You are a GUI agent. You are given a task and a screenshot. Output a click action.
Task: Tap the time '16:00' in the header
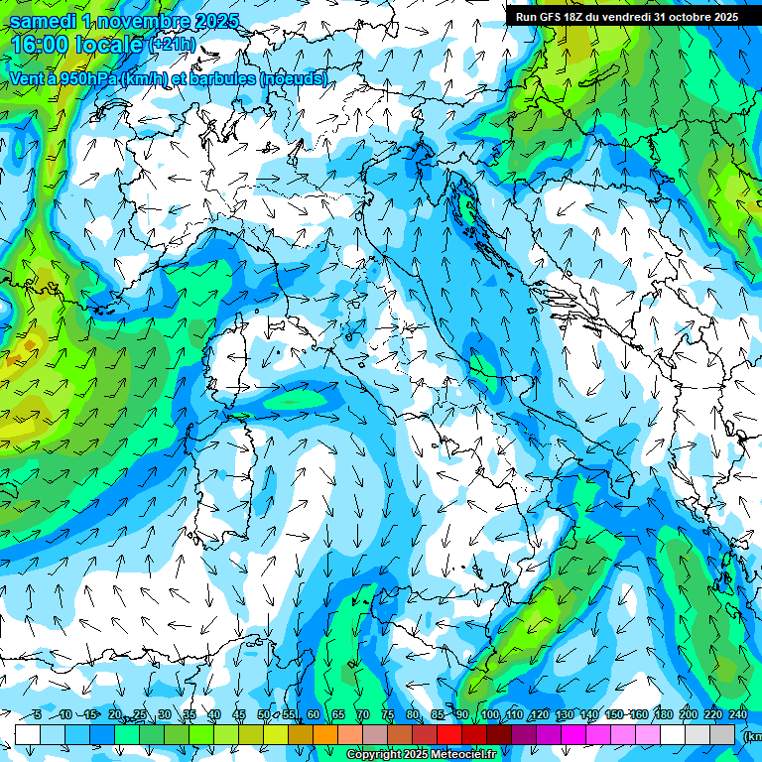(41, 45)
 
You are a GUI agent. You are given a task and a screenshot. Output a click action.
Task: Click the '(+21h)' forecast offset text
(174, 45)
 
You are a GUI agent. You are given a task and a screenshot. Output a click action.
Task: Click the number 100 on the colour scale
(490, 714)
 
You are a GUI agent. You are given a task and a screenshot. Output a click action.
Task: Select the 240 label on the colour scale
(738, 714)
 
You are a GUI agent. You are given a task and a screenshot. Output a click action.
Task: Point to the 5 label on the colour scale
(37, 714)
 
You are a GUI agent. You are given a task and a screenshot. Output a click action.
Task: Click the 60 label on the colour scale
(314, 714)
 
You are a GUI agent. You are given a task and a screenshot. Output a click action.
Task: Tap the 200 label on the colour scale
(689, 714)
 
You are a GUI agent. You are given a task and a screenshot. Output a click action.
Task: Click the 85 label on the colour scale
(438, 714)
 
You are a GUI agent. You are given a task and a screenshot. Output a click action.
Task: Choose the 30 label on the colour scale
(164, 714)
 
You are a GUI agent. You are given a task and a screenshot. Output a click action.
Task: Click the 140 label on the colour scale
(589, 714)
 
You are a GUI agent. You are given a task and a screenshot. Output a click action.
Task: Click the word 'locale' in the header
(110, 45)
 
